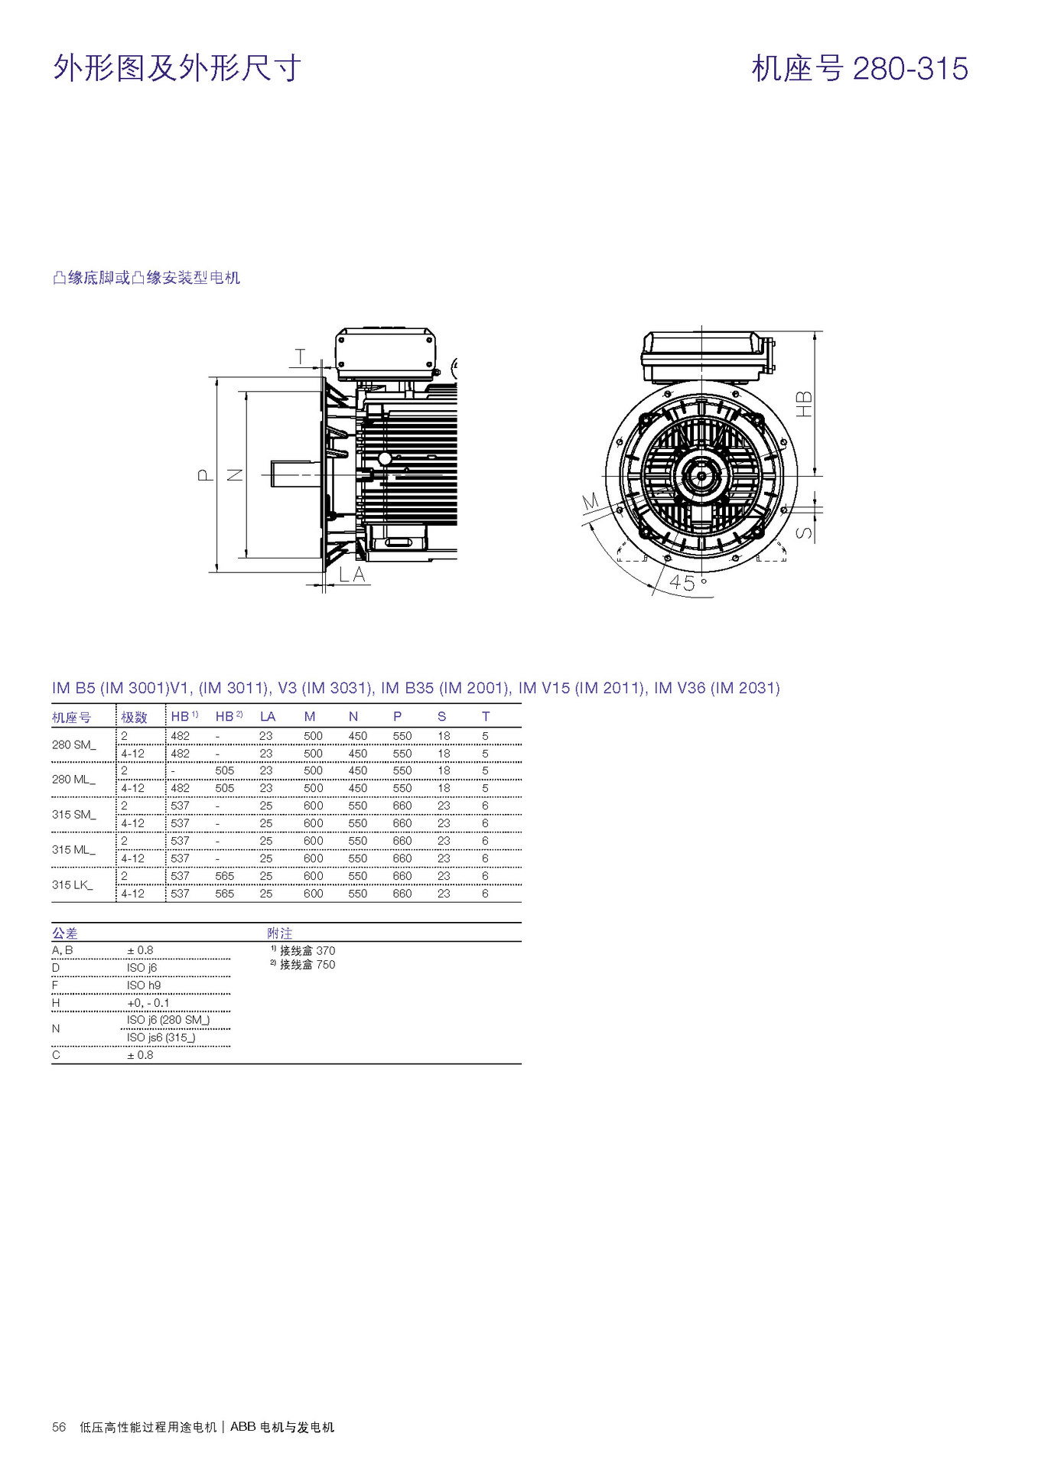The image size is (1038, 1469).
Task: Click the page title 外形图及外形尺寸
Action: point(177,69)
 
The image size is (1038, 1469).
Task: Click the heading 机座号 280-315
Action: point(859,69)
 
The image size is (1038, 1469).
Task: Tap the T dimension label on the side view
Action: point(301,357)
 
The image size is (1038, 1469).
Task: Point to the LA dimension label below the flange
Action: point(352,575)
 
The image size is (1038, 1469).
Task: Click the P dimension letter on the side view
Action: point(205,475)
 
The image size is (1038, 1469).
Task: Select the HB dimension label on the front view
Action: point(804,403)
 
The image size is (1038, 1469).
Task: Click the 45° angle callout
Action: point(687,582)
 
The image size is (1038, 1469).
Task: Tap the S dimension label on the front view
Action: point(804,533)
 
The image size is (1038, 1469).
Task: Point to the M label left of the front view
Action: point(590,502)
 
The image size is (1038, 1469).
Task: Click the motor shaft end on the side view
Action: point(291,475)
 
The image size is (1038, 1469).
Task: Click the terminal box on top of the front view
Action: point(702,357)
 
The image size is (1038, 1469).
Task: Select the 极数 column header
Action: point(134,717)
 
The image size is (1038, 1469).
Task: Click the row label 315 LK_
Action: point(73,884)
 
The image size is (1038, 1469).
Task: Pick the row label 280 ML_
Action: point(73,779)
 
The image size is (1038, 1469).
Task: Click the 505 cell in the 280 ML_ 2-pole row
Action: point(224,770)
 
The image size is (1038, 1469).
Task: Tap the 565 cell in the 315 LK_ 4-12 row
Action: point(224,893)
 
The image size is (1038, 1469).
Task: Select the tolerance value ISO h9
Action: point(144,985)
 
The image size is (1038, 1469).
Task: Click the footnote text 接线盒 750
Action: point(307,965)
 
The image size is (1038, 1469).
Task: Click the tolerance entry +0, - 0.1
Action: point(148,1002)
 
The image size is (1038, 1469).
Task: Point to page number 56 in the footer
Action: point(59,1427)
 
